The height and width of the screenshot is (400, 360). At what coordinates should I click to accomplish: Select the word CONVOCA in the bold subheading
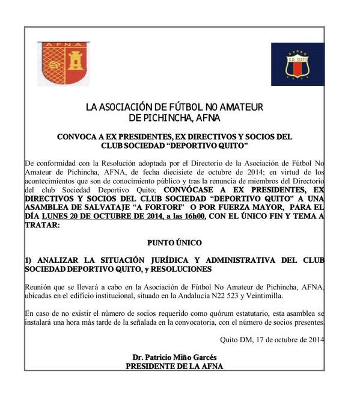75,137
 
